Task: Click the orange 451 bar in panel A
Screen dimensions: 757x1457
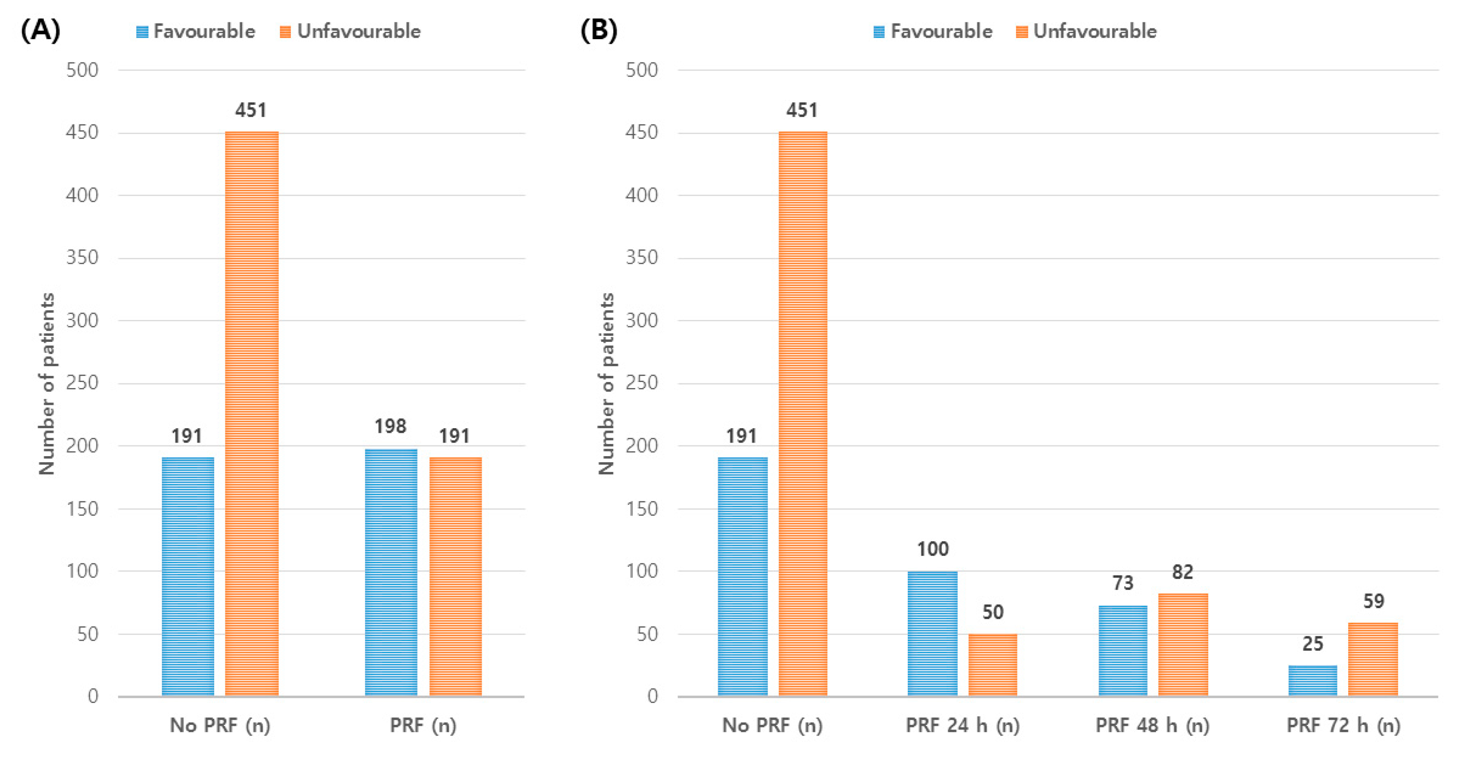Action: pyautogui.click(x=252, y=413)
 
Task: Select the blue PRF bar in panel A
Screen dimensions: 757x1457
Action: pyautogui.click(x=391, y=572)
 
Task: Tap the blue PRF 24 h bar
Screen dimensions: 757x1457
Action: pyautogui.click(x=932, y=633)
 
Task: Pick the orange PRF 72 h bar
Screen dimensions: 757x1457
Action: pyautogui.click(x=1373, y=659)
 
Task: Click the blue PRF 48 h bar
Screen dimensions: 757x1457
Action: pyautogui.click(x=1123, y=650)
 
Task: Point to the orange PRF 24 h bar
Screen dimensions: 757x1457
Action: pyautogui.click(x=993, y=664)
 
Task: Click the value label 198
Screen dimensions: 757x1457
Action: pyautogui.click(x=390, y=426)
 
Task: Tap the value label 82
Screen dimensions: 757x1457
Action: pyautogui.click(x=1183, y=572)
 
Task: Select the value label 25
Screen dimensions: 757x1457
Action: pyautogui.click(x=1313, y=643)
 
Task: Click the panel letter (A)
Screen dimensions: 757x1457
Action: pyautogui.click(x=40, y=30)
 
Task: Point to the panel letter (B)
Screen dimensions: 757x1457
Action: pyautogui.click(x=599, y=30)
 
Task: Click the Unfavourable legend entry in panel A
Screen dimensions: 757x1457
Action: pyautogui.click(x=350, y=31)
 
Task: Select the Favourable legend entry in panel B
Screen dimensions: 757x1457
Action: pyautogui.click(x=933, y=31)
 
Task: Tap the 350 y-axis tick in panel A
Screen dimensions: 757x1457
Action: pyautogui.click(x=82, y=258)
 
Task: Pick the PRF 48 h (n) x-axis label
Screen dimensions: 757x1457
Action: pyautogui.click(x=1152, y=725)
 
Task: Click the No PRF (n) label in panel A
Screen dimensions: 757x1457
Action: pyautogui.click(x=220, y=725)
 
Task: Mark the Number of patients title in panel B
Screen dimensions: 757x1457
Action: pyautogui.click(x=606, y=383)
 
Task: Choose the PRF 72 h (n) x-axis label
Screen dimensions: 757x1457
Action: pyautogui.click(x=1343, y=725)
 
